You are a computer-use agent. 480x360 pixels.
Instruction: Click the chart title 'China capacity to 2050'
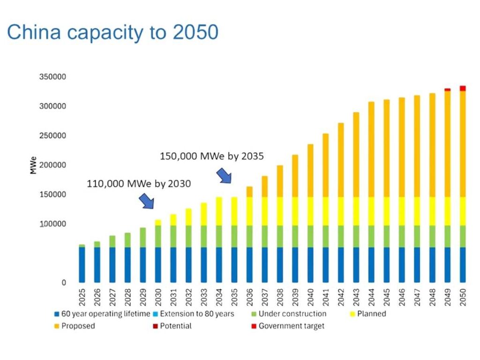click(112, 32)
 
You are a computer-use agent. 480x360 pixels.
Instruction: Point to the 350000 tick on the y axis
click(52, 77)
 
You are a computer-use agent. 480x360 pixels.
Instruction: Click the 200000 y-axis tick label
click(52, 165)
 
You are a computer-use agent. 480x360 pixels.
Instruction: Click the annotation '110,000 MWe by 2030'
click(139, 184)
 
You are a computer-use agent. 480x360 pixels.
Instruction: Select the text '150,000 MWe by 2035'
click(212, 156)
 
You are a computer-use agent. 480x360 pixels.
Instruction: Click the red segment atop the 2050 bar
click(463, 88)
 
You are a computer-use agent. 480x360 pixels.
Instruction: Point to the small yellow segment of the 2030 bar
click(158, 223)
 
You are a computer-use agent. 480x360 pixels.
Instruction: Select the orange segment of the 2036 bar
click(250, 192)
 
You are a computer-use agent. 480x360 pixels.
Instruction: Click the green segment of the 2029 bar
click(143, 238)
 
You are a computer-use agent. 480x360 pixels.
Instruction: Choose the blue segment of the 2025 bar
click(82, 264)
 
